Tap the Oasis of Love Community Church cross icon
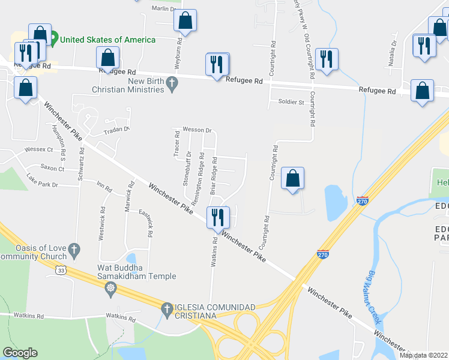74,248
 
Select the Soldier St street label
291,102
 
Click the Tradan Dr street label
116,130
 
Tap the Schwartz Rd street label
80,162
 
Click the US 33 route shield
61,271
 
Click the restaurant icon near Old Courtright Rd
327,59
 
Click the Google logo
20,353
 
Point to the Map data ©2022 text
423,355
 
